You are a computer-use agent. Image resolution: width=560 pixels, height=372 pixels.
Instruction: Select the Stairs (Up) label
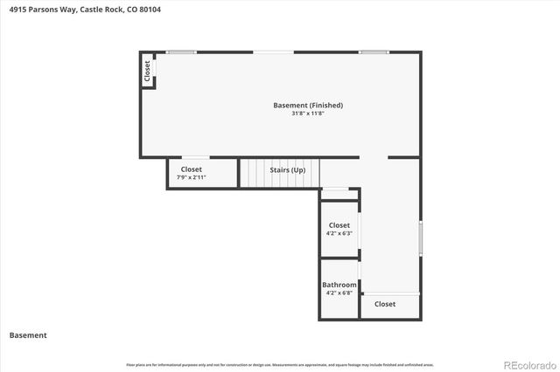[x=287, y=170]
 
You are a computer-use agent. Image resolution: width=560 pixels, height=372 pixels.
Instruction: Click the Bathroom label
[x=339, y=286]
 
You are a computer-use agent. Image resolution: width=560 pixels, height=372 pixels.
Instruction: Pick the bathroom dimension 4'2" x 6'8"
[x=339, y=293]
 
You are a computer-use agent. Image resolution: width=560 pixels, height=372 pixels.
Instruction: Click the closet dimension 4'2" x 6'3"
[x=339, y=233]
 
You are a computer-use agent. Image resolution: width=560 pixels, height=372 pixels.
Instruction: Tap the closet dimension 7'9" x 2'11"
[x=191, y=177]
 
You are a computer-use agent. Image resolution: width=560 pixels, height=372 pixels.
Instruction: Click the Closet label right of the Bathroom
[x=384, y=305]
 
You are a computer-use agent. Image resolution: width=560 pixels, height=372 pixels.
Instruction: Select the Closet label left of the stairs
[x=191, y=169]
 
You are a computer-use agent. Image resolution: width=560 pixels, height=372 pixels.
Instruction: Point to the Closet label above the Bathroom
[x=339, y=225]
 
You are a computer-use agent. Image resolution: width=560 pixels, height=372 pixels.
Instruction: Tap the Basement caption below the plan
[x=28, y=335]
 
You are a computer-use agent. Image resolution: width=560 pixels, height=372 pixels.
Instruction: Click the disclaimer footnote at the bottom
[x=280, y=364]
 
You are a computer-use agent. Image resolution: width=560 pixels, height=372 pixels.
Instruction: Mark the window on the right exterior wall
[x=421, y=237]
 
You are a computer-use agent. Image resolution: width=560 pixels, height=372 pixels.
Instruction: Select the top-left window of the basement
[x=181, y=52]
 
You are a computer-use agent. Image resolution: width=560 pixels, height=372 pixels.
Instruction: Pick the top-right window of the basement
[x=374, y=52]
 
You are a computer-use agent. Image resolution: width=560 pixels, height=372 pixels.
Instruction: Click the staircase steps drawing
[x=254, y=173]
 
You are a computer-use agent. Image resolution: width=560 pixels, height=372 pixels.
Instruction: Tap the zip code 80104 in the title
[x=148, y=10]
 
